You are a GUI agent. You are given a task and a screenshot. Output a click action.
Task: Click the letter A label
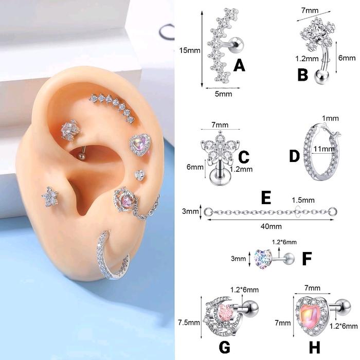pyautogui.click(x=239, y=65)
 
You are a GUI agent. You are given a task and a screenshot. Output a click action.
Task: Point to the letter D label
pyautogui.click(x=294, y=156)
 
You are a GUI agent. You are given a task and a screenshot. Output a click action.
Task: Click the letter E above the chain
pyautogui.click(x=266, y=197)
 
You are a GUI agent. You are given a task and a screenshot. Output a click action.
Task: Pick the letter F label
pyautogui.click(x=307, y=258)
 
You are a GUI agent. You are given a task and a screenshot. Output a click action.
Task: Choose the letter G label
pyautogui.click(x=224, y=347)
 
